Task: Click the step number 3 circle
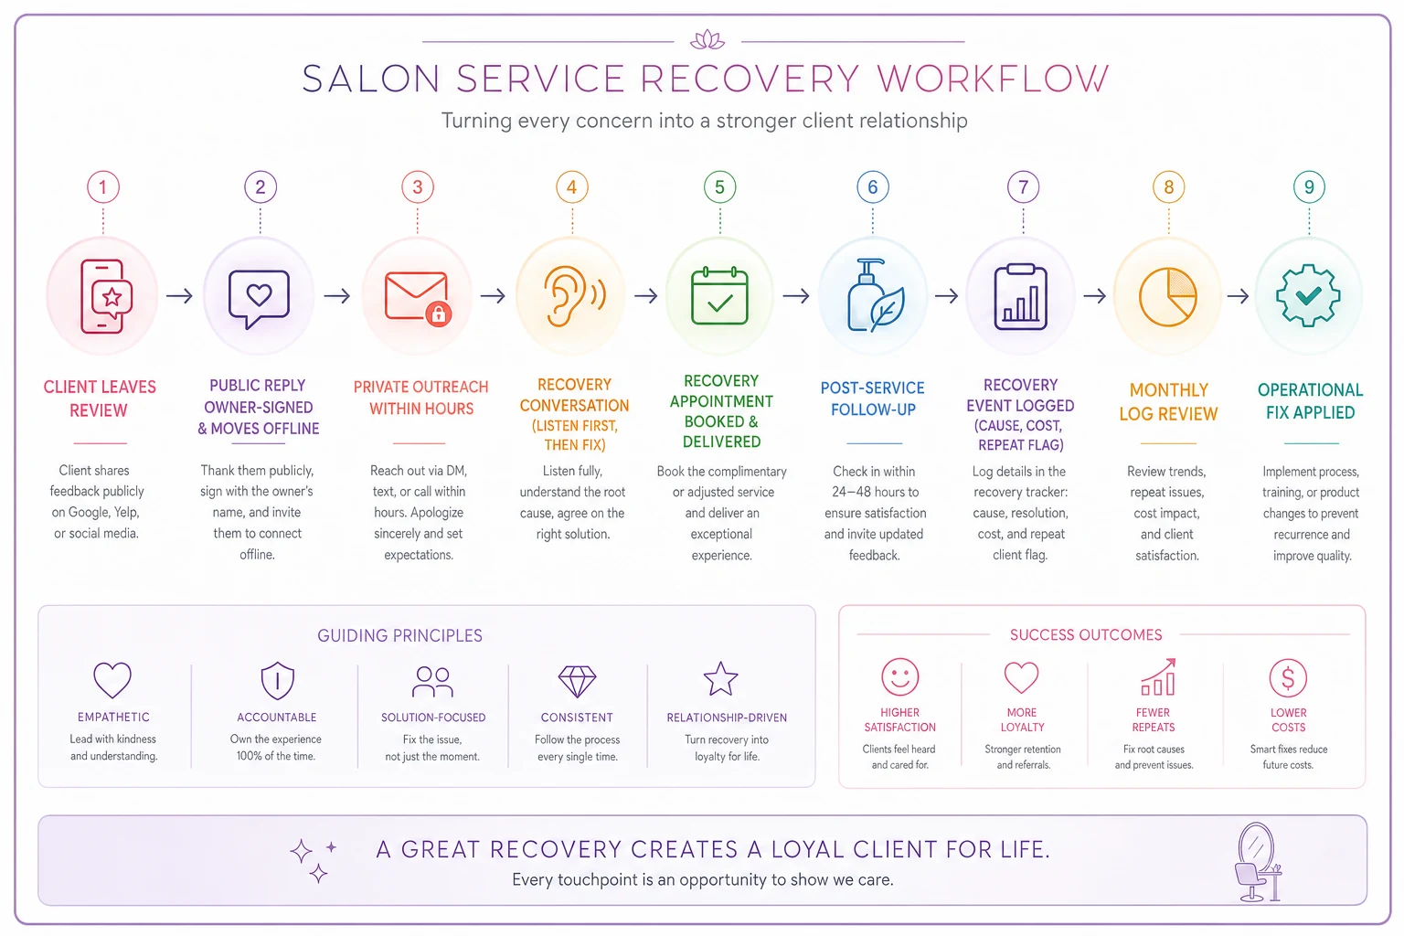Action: pyautogui.click(x=418, y=186)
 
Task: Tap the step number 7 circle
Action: pyautogui.click(x=1023, y=186)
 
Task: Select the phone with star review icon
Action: pyautogui.click(x=106, y=296)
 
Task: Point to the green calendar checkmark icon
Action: pyautogui.click(x=719, y=295)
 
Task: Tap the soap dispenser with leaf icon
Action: pyautogui.click(x=876, y=295)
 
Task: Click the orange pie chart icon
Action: pyautogui.click(x=1167, y=296)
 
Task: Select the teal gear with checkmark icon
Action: pyautogui.click(x=1308, y=295)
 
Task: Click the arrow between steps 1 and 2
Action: pyautogui.click(x=179, y=295)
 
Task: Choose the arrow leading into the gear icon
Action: pyautogui.click(x=1238, y=295)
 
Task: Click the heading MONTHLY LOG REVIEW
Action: pyautogui.click(x=1168, y=402)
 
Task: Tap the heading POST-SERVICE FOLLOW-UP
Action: pyautogui.click(x=873, y=399)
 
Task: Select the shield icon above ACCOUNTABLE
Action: pyautogui.click(x=277, y=680)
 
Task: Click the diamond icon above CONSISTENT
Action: pyautogui.click(x=577, y=681)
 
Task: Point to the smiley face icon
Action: pyautogui.click(x=900, y=677)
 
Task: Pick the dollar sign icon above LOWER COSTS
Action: pyautogui.click(x=1288, y=677)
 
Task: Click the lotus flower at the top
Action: pyautogui.click(x=707, y=39)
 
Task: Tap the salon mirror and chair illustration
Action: pyautogui.click(x=1258, y=862)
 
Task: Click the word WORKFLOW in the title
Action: pyautogui.click(x=993, y=79)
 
